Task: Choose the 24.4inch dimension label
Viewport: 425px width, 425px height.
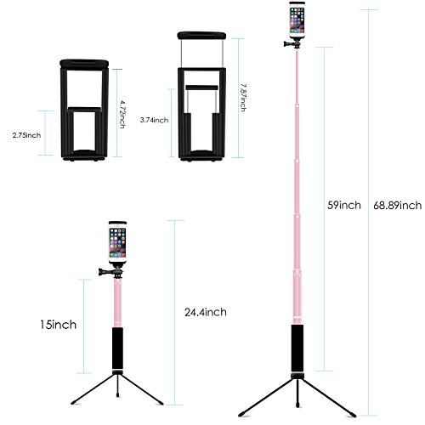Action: click(207, 312)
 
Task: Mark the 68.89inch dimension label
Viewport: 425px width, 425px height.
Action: click(397, 204)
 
